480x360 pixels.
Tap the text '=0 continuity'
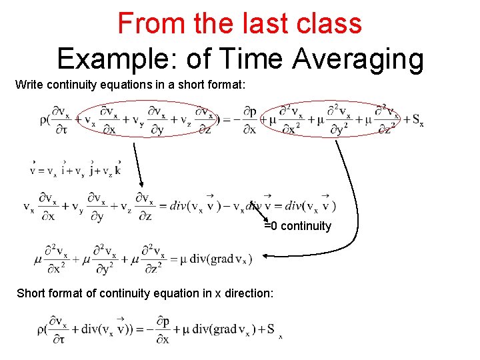click(297, 226)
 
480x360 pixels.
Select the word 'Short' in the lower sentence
click(31, 293)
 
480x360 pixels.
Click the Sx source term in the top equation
click(417, 121)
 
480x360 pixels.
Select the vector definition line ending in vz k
click(75, 169)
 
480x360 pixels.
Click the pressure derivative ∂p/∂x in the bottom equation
click(161, 329)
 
